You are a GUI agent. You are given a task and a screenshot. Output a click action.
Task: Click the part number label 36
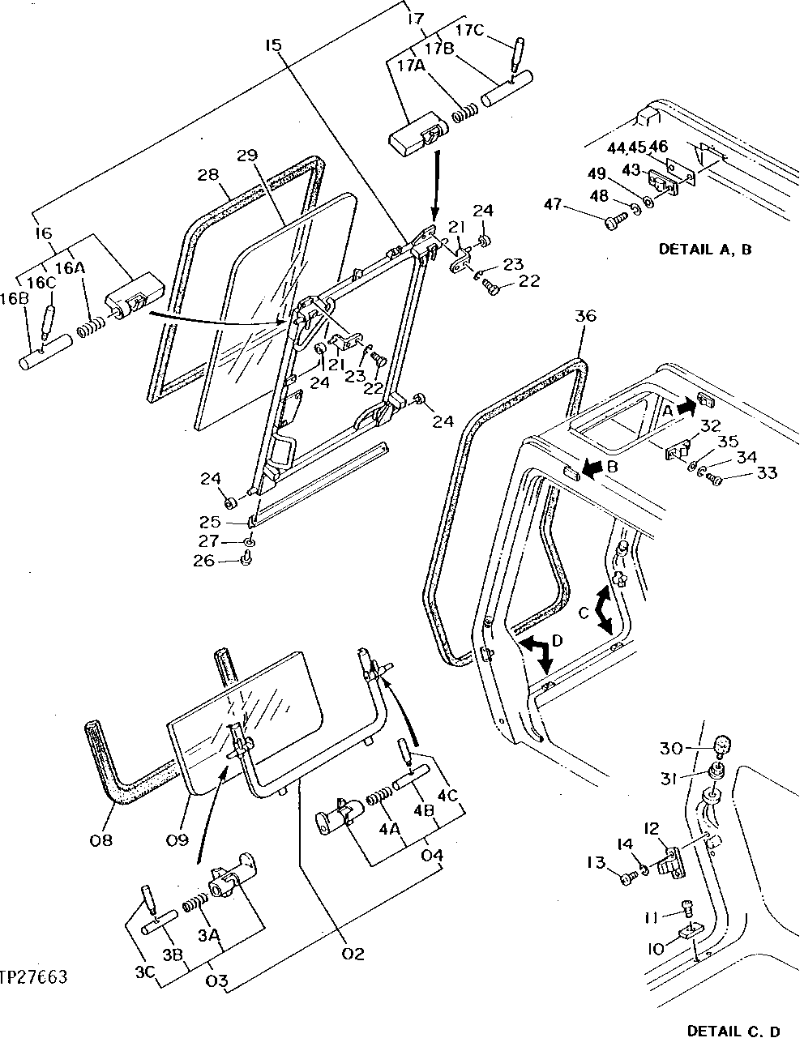tap(584, 316)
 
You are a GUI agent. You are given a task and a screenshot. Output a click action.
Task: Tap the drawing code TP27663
tap(34, 977)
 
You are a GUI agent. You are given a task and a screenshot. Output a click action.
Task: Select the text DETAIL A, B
tap(704, 250)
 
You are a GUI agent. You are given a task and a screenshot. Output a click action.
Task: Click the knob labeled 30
tap(724, 745)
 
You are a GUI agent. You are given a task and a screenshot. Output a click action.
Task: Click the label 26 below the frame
tap(204, 560)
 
